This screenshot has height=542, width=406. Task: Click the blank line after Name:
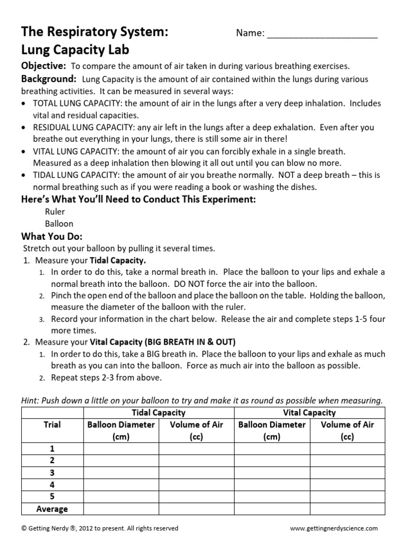pos(322,34)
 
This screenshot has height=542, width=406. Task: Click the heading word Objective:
pos(43,66)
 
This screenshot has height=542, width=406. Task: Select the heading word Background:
pos(48,79)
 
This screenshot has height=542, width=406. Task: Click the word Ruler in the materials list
pos(55,212)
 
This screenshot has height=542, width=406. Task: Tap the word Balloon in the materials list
pos(59,223)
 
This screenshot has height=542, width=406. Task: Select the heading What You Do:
pos(51,236)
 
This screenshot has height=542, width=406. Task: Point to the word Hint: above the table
pos(32,401)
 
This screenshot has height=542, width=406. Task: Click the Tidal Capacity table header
pos(159,412)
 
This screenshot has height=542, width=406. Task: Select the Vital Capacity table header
pos(310,412)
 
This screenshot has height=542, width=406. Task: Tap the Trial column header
pos(52,424)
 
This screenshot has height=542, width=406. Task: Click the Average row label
pos(52,509)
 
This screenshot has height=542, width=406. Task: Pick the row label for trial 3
pos(52,473)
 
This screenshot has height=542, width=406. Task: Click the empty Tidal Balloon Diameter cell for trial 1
pos(121,448)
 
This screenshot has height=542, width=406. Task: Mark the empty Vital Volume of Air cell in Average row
pos(347,509)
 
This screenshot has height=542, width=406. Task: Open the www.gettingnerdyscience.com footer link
pos(334,528)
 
